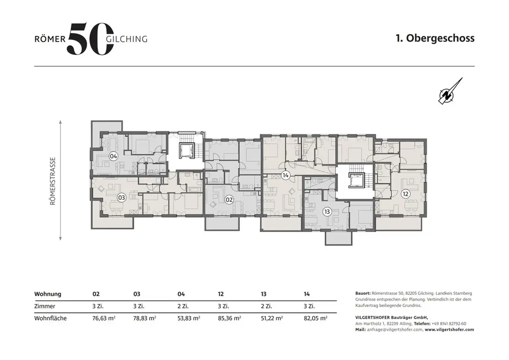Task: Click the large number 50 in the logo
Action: pyautogui.click(x=91, y=39)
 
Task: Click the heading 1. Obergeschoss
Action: pyautogui.click(x=435, y=38)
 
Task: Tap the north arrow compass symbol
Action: pyautogui.click(x=450, y=92)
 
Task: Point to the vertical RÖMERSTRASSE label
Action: pyautogui.click(x=52, y=181)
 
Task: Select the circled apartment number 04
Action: pyautogui.click(x=114, y=156)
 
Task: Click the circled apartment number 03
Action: pyautogui.click(x=122, y=198)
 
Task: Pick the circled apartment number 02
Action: pyautogui.click(x=229, y=200)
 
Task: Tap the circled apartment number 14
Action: pyautogui.click(x=286, y=176)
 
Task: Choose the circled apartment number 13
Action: pyautogui.click(x=327, y=212)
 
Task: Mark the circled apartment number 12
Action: pyautogui.click(x=406, y=194)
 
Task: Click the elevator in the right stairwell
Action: pyautogui.click(x=357, y=180)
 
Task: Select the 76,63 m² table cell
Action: pyautogui.click(x=104, y=318)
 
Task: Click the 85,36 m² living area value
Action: pyautogui.click(x=230, y=318)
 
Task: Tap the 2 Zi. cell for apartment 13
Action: pyautogui.click(x=267, y=306)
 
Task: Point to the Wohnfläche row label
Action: pyautogui.click(x=50, y=318)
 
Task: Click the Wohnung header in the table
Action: pyautogui.click(x=48, y=294)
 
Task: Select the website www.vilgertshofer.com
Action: pyautogui.click(x=449, y=329)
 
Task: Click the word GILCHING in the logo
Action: pyautogui.click(x=127, y=39)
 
